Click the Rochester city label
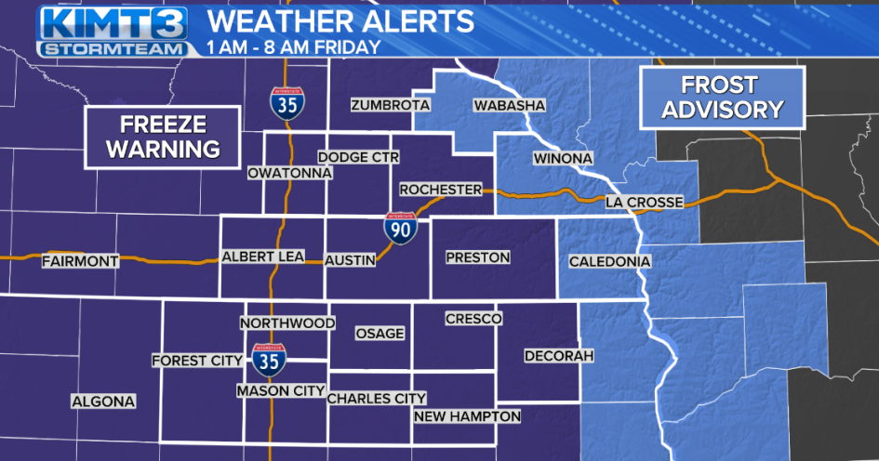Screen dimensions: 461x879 [x=441, y=190]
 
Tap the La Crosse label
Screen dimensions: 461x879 [x=644, y=202]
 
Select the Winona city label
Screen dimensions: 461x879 [x=562, y=159]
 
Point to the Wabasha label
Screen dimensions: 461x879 [x=508, y=105]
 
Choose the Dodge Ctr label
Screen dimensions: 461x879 [x=358, y=158]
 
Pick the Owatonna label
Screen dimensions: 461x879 [x=285, y=173]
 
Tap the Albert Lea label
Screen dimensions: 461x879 [x=262, y=257]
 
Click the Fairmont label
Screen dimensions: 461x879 [x=81, y=262]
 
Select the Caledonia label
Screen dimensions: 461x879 [x=609, y=262]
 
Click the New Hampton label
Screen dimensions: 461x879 [x=467, y=416]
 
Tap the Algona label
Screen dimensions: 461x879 [x=103, y=402]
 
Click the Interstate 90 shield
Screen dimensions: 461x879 [x=401, y=228]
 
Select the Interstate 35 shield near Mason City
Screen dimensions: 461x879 [x=268, y=358]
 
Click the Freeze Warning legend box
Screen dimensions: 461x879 [x=162, y=137]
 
